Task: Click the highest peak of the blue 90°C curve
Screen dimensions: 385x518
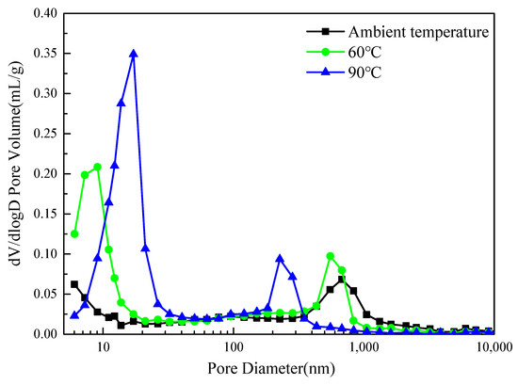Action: pyautogui.click(x=134, y=54)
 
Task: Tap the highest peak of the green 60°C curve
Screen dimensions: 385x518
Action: pyautogui.click(x=97, y=167)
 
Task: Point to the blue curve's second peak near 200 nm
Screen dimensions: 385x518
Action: pyautogui.click(x=280, y=258)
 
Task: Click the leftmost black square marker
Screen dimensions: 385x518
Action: pyautogui.click(x=74, y=284)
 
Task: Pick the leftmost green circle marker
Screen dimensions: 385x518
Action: pyautogui.click(x=74, y=233)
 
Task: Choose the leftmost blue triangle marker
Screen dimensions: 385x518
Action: pyautogui.click(x=74, y=315)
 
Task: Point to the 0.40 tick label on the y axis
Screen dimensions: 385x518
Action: pyautogui.click(x=44, y=14)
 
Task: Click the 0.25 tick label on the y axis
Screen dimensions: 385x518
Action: pyautogui.click(x=44, y=134)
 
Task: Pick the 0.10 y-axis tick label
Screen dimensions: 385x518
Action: pyautogui.click(x=44, y=254)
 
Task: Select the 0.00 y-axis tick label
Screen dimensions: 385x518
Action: pyautogui.click(x=44, y=334)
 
